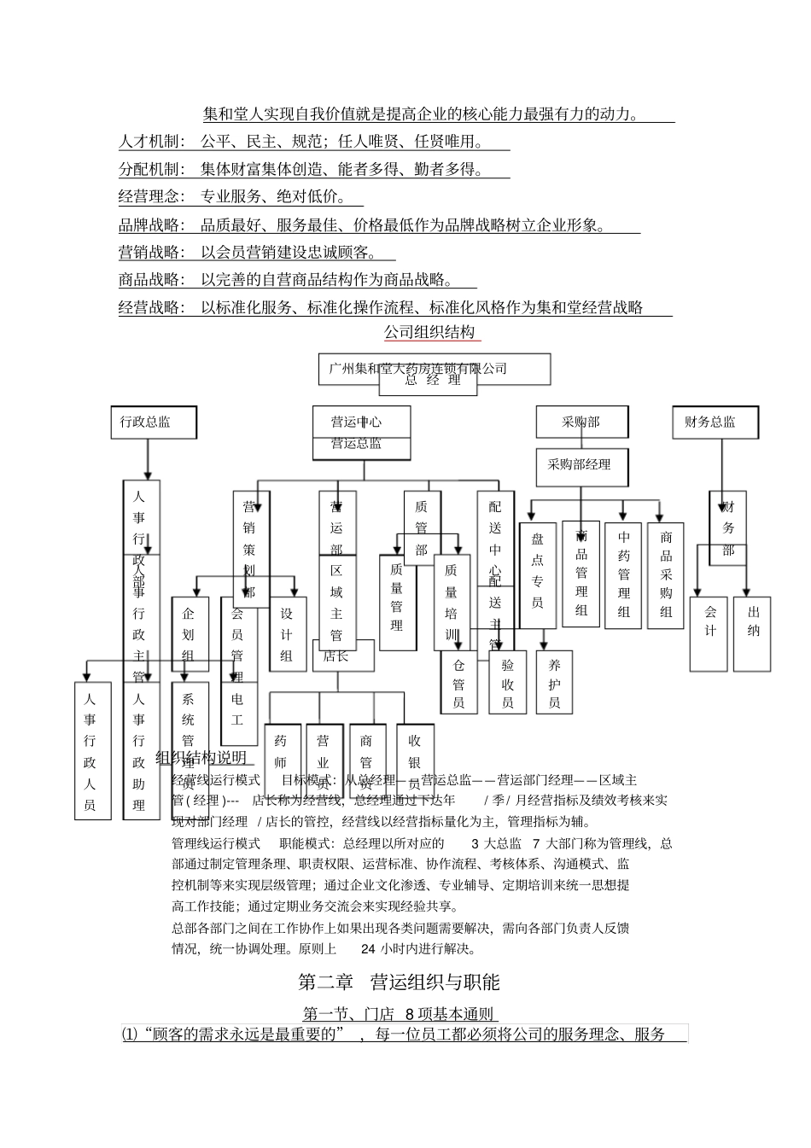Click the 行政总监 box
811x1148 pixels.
153,422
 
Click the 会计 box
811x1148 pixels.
709,632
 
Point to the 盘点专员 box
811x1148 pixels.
537,575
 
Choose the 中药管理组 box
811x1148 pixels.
623,575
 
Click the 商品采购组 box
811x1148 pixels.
666,575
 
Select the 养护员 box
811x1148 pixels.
554,681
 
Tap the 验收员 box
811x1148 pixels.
508,681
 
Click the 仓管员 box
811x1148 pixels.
459,681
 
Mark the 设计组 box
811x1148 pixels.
287,633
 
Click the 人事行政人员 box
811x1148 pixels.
91,750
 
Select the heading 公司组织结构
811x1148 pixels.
429,332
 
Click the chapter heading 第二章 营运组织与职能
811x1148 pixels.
399,982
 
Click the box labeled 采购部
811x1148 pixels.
581,422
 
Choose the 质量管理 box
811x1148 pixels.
397,602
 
